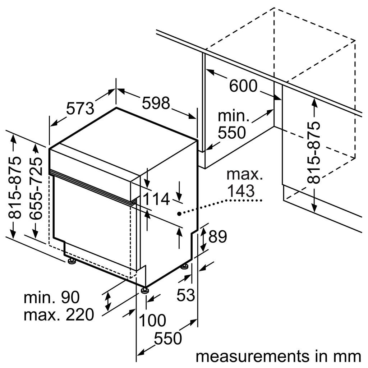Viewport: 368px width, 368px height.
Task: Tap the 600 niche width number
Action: click(243, 86)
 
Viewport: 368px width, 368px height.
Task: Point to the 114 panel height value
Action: click(156, 199)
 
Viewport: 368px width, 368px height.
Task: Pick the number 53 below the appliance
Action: click(185, 295)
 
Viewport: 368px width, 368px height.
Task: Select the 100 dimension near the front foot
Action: click(152, 320)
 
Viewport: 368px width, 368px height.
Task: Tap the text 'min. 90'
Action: click(51, 298)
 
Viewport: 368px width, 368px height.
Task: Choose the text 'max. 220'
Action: click(59, 315)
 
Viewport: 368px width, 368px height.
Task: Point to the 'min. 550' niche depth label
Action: click(233, 125)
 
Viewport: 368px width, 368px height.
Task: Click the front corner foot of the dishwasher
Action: click(144, 290)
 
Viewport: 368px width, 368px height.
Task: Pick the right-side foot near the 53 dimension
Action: click(184, 266)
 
